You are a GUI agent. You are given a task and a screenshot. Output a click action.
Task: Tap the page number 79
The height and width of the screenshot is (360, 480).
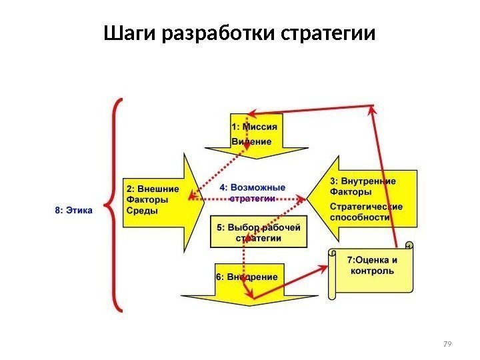pyautogui.click(x=447, y=343)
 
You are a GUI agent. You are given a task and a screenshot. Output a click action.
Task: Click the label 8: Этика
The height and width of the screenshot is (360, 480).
pyautogui.click(x=73, y=209)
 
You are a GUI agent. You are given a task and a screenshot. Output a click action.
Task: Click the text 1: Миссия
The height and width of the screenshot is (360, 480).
pyautogui.click(x=254, y=126)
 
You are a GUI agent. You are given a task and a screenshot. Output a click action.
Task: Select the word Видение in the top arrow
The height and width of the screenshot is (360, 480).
pyautogui.click(x=251, y=141)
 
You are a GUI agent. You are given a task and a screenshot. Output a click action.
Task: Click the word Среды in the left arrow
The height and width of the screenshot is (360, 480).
pyautogui.click(x=142, y=211)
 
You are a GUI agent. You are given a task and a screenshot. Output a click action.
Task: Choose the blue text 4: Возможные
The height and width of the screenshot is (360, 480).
pyautogui.click(x=252, y=187)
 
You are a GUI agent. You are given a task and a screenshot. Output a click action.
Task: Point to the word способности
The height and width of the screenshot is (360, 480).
pyautogui.click(x=360, y=217)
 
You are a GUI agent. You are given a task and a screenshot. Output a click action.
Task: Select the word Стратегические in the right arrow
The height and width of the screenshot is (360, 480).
pyautogui.click(x=366, y=206)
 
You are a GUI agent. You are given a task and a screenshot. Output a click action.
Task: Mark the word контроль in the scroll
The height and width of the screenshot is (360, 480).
pyautogui.click(x=372, y=271)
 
